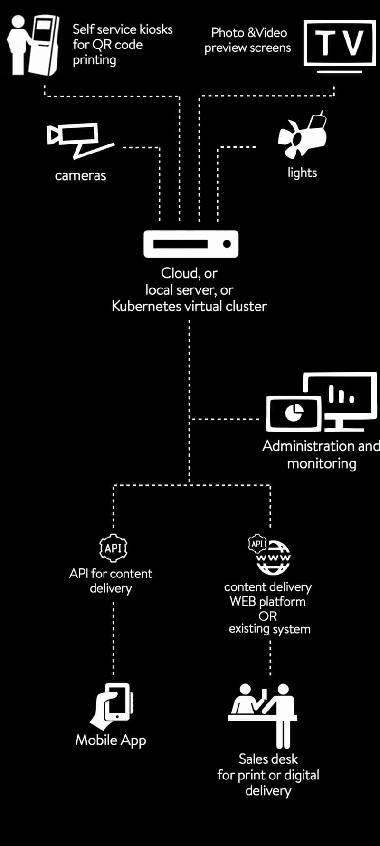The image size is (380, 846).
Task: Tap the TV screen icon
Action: (x=340, y=44)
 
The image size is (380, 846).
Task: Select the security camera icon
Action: (x=78, y=139)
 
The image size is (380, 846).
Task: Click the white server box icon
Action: (x=191, y=244)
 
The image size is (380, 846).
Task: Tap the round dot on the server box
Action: (x=227, y=244)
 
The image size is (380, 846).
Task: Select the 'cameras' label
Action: (x=80, y=176)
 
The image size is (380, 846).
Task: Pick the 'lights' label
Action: (x=302, y=173)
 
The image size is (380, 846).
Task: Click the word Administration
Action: (x=308, y=446)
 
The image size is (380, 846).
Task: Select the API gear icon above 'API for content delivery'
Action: (x=113, y=548)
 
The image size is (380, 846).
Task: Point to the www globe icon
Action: (x=274, y=558)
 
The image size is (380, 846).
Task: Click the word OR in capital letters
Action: (x=267, y=616)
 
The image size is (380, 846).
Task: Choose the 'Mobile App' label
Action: (x=111, y=740)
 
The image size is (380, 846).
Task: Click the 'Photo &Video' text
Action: (x=249, y=32)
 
